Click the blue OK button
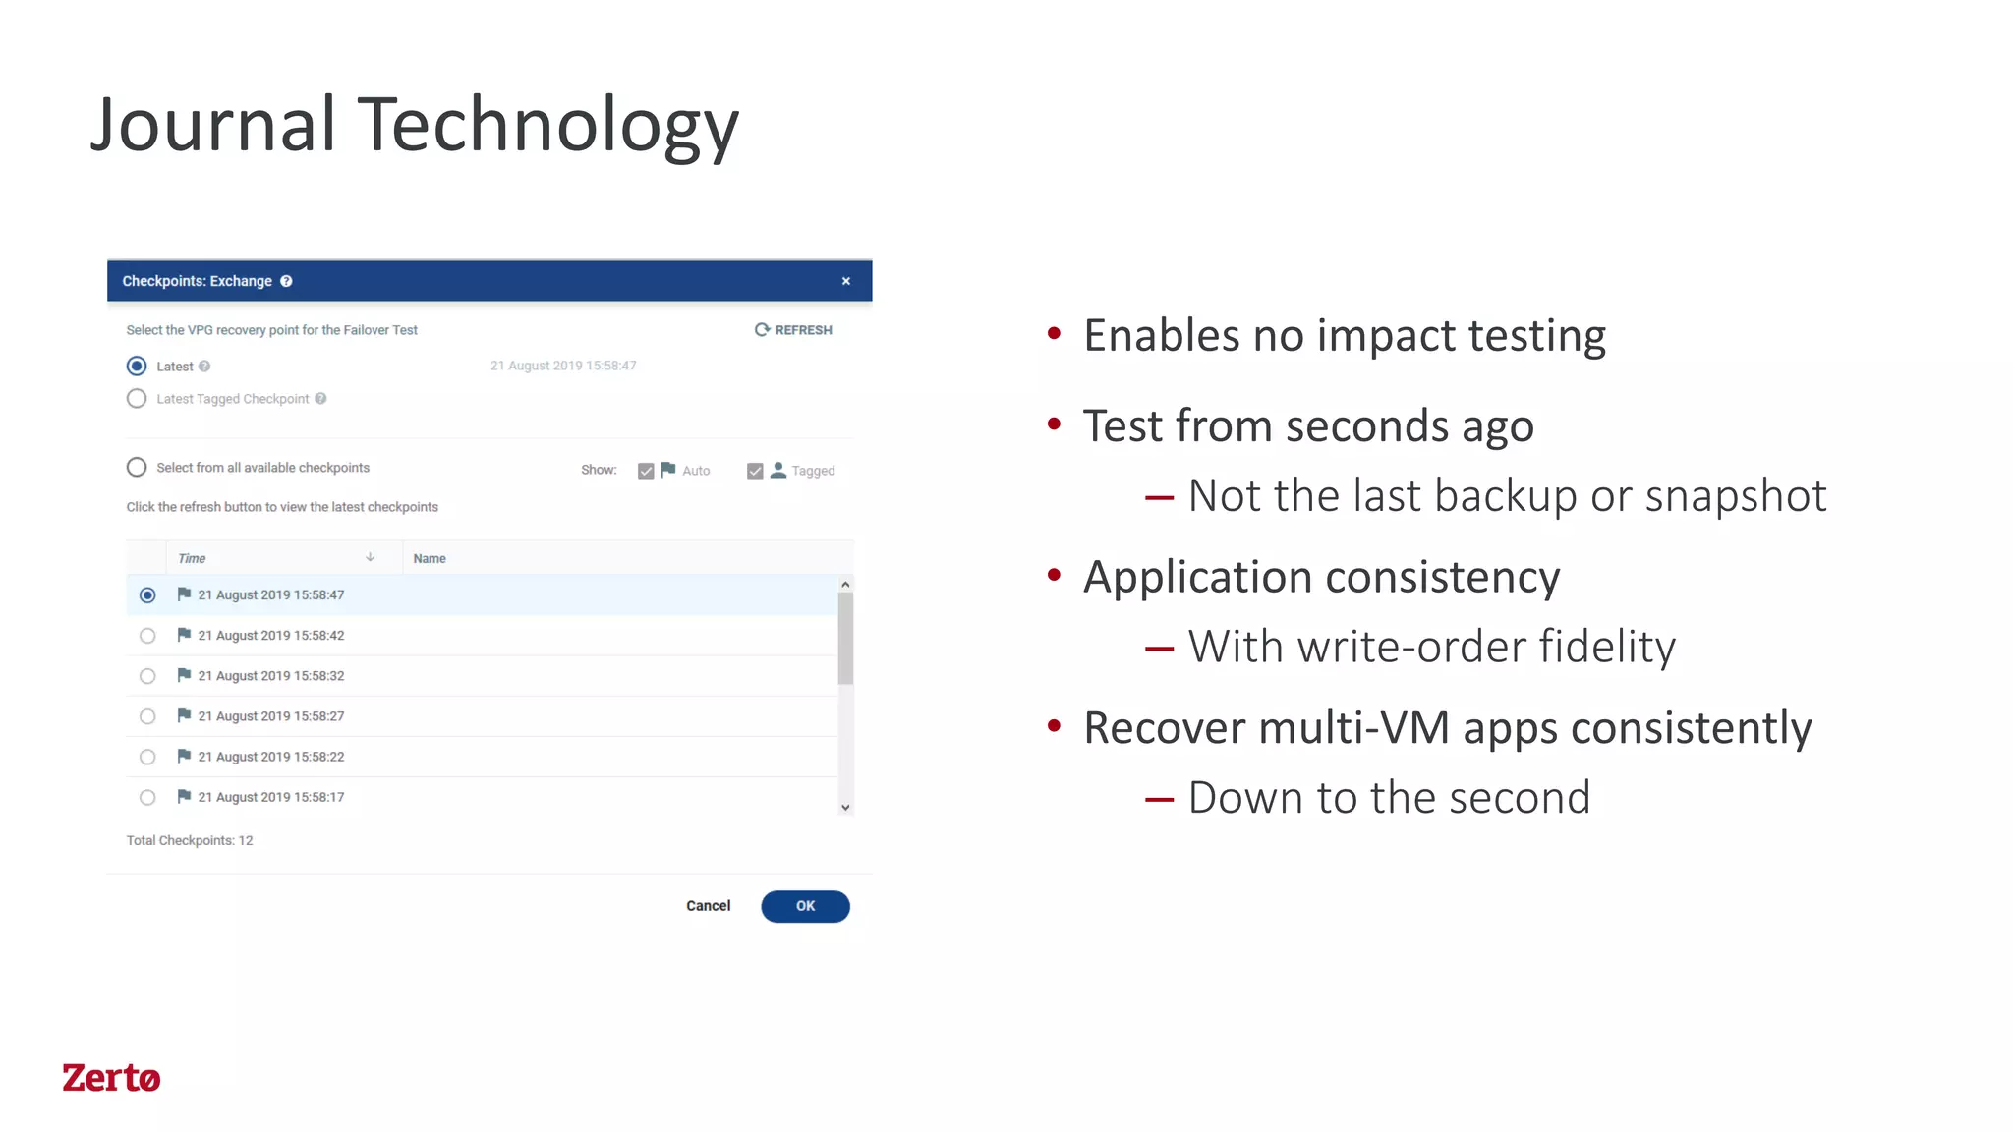805,906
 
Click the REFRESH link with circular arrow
793,330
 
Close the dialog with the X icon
845,281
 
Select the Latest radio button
137,367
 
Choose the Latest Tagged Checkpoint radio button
137,399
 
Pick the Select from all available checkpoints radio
137,468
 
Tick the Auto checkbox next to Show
646,471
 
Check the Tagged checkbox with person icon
755,471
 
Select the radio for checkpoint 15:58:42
147,636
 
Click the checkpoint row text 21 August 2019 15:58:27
271,716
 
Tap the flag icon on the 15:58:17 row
184,797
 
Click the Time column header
192,558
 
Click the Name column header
430,558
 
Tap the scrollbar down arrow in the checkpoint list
845,808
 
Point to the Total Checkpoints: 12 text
190,840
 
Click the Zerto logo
111,1078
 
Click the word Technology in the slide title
547,126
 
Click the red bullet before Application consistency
1055,575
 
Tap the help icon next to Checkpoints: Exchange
286,281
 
